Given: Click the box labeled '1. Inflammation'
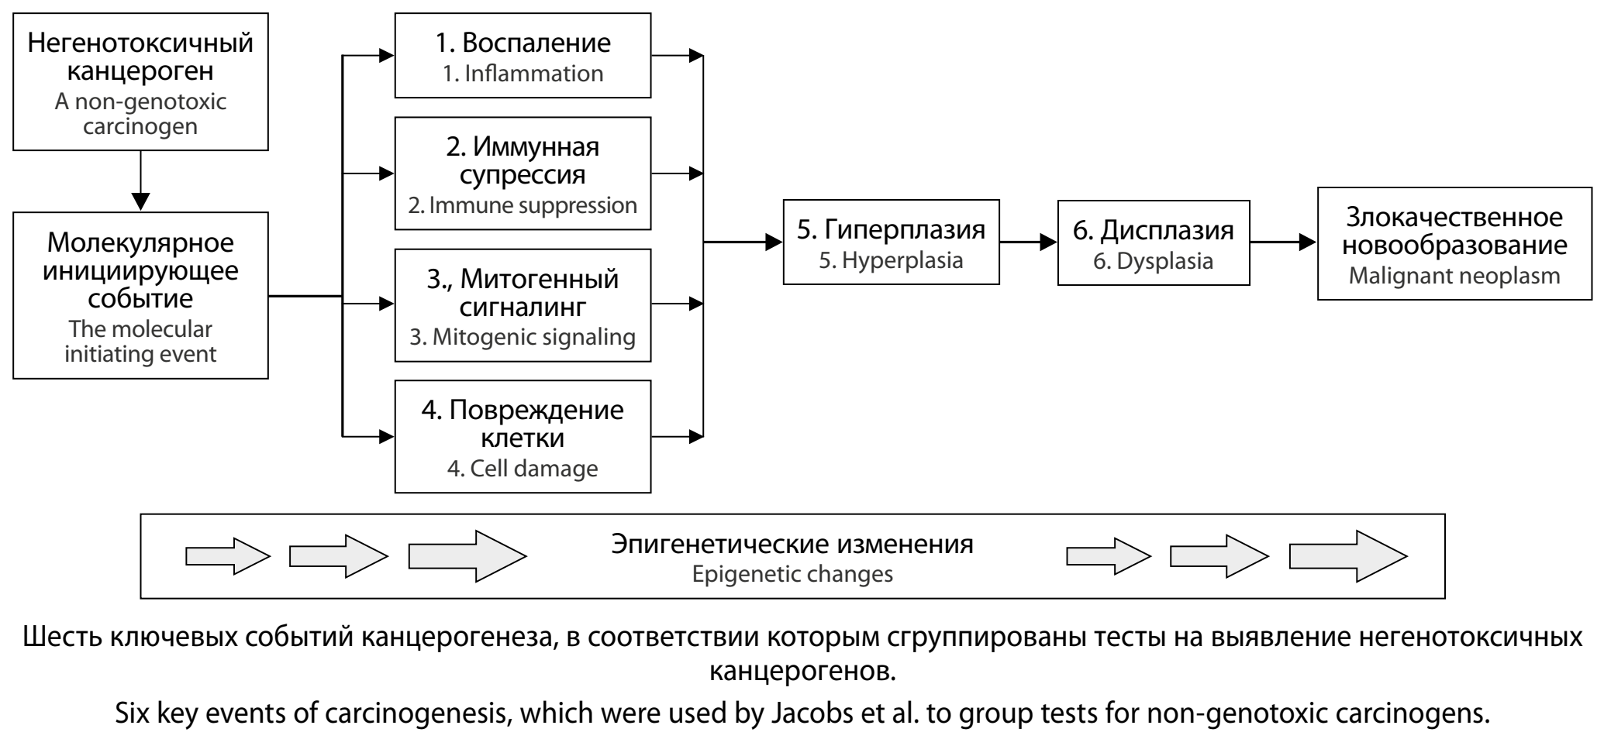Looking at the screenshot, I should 523,56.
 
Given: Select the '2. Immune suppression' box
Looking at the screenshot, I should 523,174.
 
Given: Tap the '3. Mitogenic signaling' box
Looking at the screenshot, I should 523,305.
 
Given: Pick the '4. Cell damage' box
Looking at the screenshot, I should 523,437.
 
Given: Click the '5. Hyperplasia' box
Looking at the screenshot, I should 891,242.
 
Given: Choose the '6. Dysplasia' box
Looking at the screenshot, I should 1153,242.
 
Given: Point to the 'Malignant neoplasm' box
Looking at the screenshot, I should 1454,242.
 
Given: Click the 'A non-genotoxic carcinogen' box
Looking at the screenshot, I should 140,81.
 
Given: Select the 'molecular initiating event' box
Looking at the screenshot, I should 140,295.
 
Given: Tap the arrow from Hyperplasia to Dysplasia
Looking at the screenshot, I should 1028,242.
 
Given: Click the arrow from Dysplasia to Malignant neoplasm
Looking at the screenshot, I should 1283,242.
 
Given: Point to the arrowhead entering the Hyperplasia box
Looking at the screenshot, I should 774,242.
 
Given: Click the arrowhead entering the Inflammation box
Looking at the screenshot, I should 386,56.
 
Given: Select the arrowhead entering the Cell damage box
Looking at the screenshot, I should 386,437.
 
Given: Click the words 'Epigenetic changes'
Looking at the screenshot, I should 792,575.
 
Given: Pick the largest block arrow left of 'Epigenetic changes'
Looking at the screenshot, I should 467,556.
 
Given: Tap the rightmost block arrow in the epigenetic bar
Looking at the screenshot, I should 1347,556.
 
